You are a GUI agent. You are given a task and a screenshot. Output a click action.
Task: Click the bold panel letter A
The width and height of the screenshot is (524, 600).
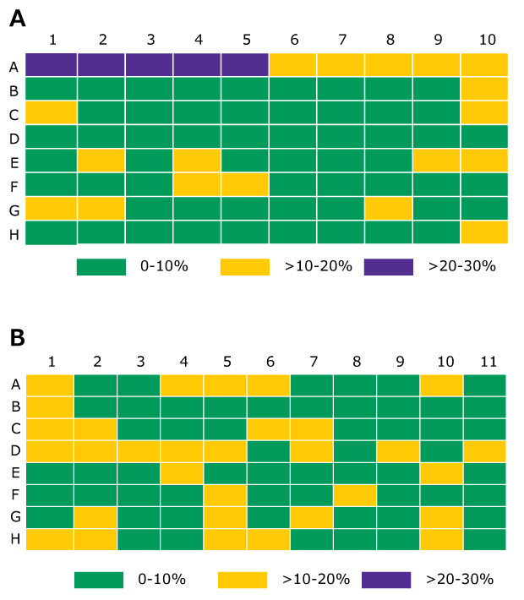click(x=17, y=18)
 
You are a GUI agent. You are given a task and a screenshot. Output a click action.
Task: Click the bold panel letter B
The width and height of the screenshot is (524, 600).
click(x=17, y=338)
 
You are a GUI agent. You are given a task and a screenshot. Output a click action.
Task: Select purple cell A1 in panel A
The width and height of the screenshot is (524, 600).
click(x=51, y=65)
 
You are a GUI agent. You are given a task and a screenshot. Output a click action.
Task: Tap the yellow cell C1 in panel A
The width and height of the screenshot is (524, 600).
click(x=51, y=112)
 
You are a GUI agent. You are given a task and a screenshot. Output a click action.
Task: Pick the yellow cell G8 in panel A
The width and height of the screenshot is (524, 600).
click(x=389, y=208)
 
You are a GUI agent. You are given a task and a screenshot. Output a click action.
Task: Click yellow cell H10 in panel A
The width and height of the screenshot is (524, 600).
click(x=484, y=232)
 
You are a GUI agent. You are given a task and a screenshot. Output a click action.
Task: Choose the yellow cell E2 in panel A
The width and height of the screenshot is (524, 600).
click(x=101, y=161)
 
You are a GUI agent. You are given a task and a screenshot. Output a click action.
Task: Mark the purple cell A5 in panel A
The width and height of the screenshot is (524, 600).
click(x=244, y=65)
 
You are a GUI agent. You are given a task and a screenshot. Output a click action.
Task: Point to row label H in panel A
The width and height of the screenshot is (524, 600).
click(x=14, y=234)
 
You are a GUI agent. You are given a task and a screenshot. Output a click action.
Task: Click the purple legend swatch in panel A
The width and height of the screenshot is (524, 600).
click(x=389, y=266)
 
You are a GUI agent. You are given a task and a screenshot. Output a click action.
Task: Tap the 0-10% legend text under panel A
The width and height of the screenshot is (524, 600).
click(x=165, y=266)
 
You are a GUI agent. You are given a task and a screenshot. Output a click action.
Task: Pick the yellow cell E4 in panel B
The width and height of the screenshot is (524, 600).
click(x=182, y=471)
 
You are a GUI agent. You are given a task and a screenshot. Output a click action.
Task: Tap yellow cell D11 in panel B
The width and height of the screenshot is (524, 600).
click(x=483, y=450)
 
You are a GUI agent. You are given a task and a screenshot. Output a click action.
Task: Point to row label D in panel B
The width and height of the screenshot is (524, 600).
click(x=14, y=450)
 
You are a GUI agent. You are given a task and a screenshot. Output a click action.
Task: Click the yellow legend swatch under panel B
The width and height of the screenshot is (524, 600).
click(x=243, y=579)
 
